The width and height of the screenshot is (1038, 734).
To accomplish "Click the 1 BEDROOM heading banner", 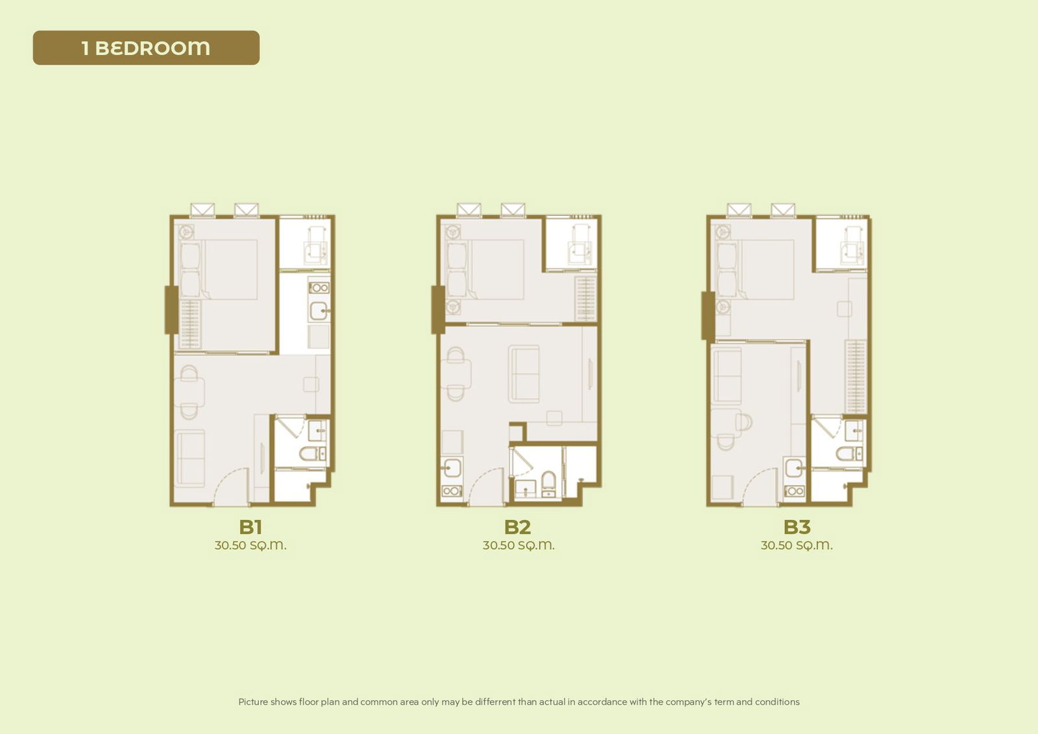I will pyautogui.click(x=146, y=48).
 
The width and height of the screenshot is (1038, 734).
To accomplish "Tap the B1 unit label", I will pyautogui.click(x=250, y=527).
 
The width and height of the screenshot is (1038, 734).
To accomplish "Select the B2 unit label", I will pyautogui.click(x=517, y=527).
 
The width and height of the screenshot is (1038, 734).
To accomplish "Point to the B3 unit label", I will pyautogui.click(x=797, y=527).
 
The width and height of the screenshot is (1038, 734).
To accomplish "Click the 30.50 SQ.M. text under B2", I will pyautogui.click(x=518, y=545).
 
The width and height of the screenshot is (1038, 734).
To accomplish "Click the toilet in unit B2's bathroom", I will pyautogui.click(x=549, y=481).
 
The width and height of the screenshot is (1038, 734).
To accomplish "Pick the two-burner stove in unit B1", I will pyautogui.click(x=319, y=287).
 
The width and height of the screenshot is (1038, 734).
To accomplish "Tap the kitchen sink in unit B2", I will pyautogui.click(x=452, y=467).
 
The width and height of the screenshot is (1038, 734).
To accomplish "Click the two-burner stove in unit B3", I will pyautogui.click(x=794, y=491).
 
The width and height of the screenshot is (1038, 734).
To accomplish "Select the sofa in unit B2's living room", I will pyautogui.click(x=524, y=374).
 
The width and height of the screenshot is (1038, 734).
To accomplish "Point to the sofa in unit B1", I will pyautogui.click(x=189, y=458).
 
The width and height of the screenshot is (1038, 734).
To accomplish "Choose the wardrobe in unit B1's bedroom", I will pyautogui.click(x=190, y=324).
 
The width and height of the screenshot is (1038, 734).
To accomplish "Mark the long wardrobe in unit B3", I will pyautogui.click(x=856, y=376).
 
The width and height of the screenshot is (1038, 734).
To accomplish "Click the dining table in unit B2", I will pyautogui.click(x=457, y=374).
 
